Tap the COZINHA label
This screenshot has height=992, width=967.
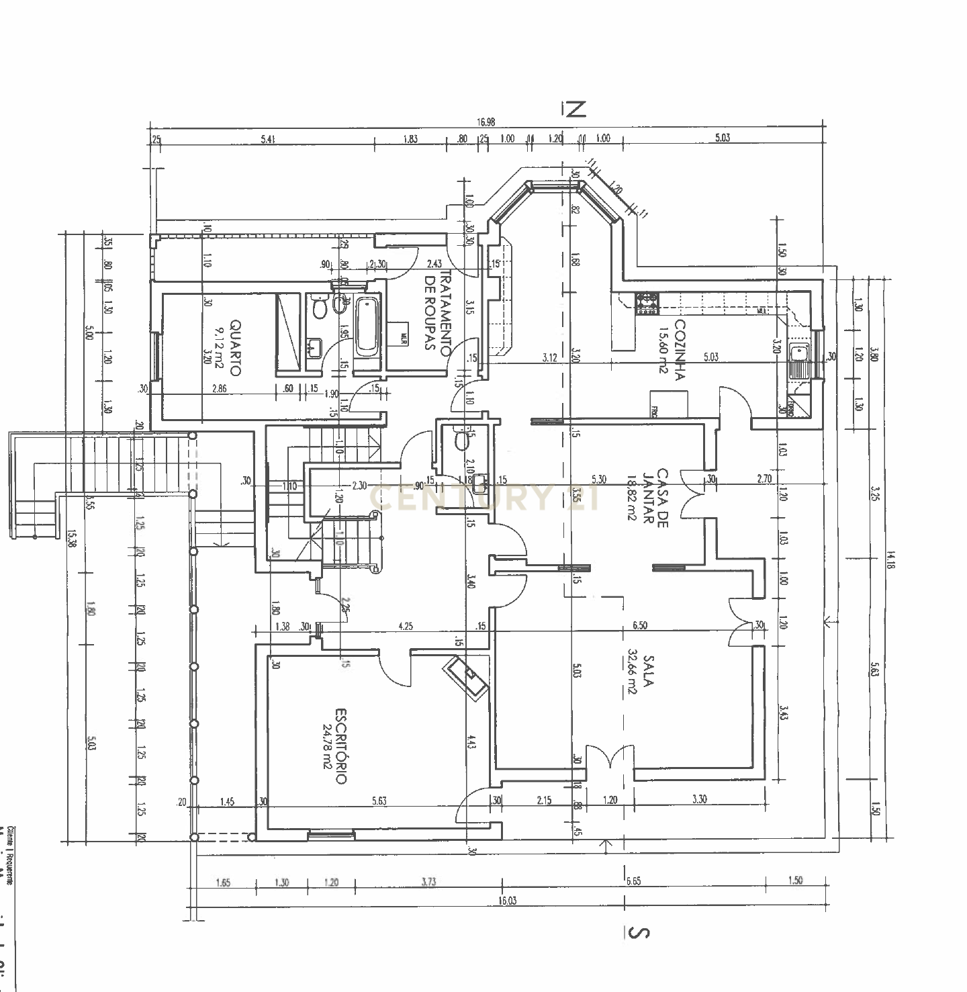[679, 350]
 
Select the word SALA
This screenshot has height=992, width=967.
[648, 671]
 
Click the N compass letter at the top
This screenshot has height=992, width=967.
[574, 109]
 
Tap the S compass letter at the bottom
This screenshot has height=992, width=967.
[639, 932]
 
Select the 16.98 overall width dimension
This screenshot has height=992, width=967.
[486, 122]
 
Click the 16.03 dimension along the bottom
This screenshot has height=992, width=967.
[508, 901]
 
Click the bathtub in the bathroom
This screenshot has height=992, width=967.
[367, 327]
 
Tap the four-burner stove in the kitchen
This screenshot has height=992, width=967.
[647, 303]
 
